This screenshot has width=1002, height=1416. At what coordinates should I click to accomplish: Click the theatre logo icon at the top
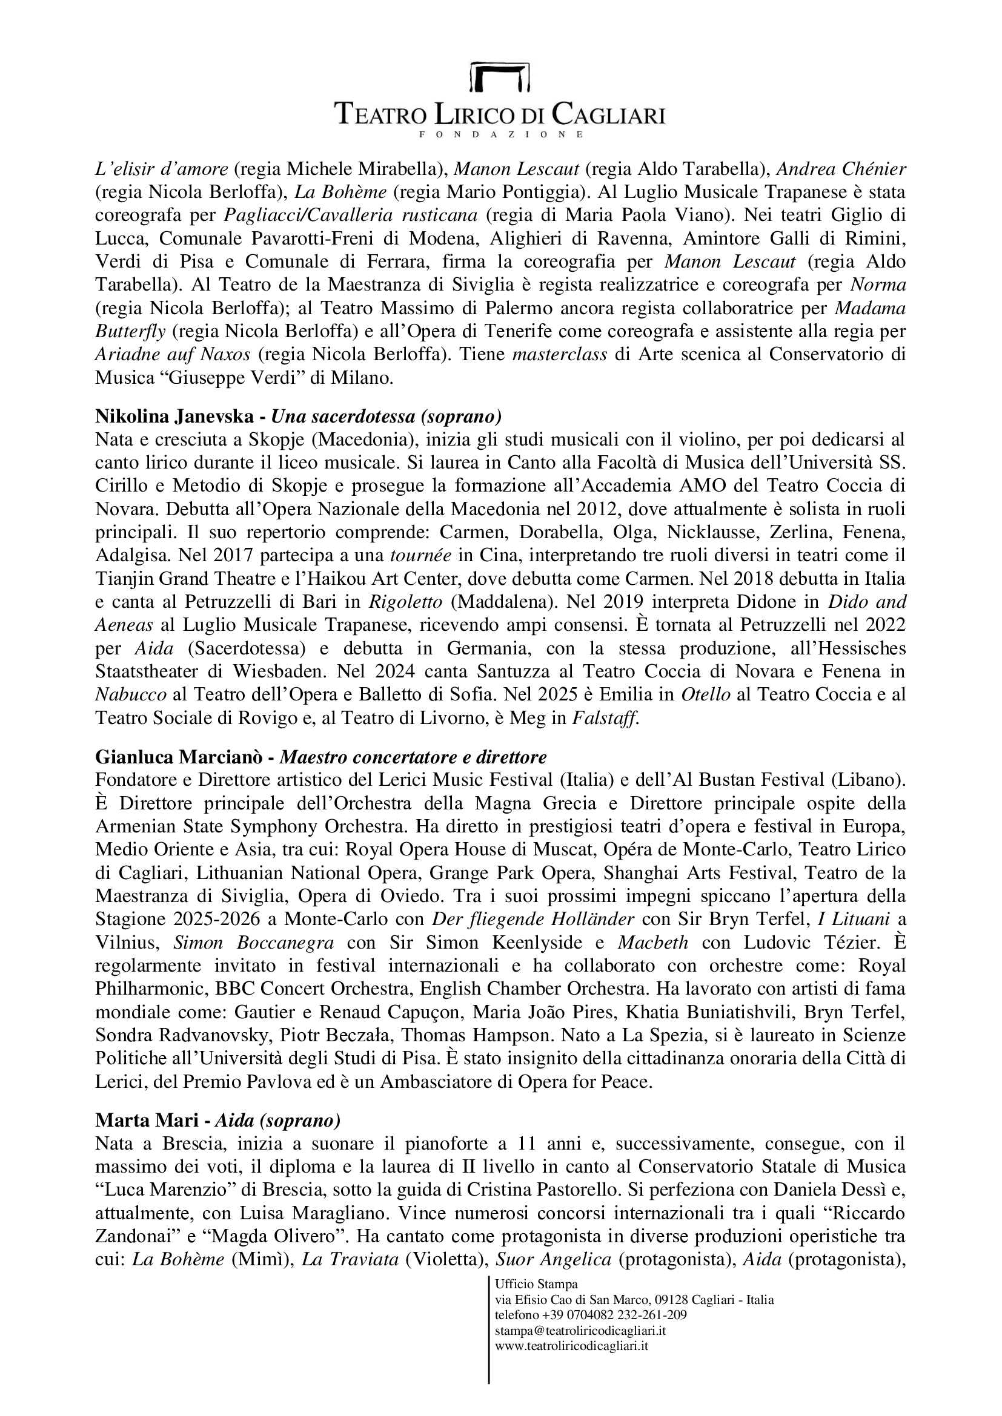click(500, 77)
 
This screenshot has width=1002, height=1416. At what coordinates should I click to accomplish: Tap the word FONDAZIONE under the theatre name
click(500, 134)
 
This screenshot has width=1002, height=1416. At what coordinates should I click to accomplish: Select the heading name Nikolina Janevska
click(174, 417)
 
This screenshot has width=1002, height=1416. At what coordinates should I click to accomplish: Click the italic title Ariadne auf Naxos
click(173, 355)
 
